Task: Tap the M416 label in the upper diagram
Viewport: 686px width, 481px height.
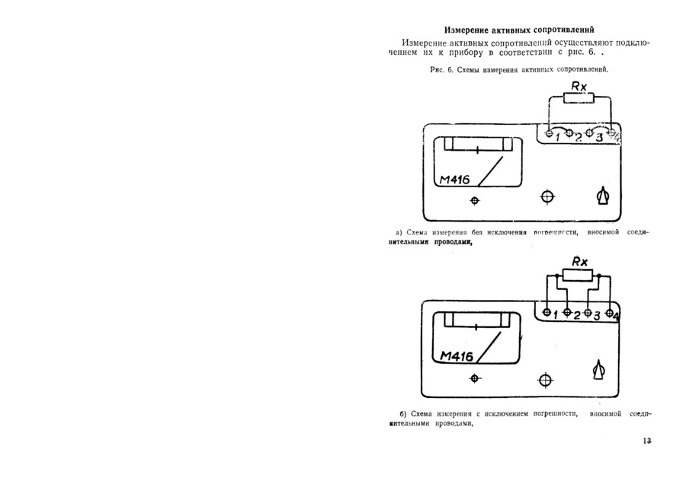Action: [x=454, y=180]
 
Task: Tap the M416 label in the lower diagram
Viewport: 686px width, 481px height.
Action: [x=456, y=356]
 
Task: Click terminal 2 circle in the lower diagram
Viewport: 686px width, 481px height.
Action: [x=568, y=312]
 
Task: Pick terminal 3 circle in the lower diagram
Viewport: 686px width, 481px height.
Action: [x=588, y=312]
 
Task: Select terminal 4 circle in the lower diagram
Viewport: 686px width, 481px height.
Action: [x=609, y=312]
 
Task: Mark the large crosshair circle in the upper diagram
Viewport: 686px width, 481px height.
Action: [x=547, y=197]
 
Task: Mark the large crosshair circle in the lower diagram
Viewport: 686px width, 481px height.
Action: [x=545, y=379]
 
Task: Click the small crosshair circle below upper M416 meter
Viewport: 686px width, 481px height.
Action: [x=475, y=200]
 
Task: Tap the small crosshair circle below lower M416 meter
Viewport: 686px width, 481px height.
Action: [x=475, y=378]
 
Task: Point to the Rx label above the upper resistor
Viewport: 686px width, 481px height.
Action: [x=579, y=86]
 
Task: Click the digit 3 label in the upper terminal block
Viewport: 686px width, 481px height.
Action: [x=599, y=137]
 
